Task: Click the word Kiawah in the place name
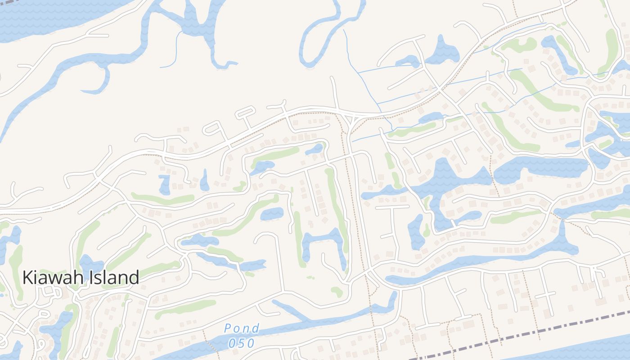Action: point(52,277)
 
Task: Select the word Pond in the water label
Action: point(242,328)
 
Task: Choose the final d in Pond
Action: point(256,328)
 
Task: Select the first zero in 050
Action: point(231,343)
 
